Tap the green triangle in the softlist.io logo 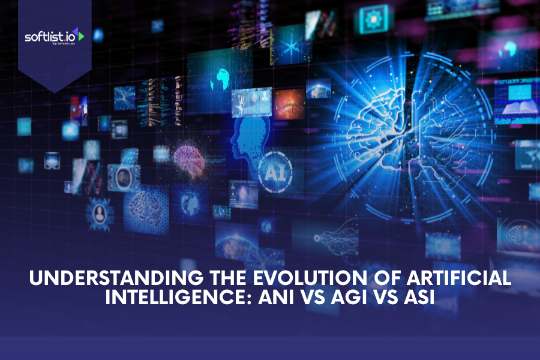80,36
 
